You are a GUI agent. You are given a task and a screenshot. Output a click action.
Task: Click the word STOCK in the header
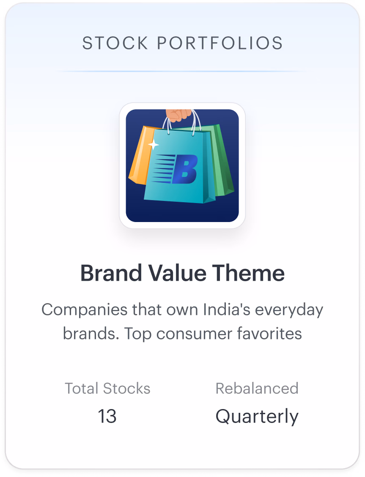coord(115,43)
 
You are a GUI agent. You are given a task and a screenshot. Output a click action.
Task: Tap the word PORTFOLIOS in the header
coord(220,43)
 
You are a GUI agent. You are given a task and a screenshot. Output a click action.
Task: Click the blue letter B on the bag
coord(185,169)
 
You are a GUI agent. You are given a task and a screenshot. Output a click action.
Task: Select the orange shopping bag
coord(140,156)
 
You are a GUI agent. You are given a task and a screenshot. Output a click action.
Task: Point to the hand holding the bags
coord(179,115)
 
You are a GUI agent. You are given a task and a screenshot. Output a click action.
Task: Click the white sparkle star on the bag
coord(153,144)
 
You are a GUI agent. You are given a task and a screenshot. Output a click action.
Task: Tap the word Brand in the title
coord(111,273)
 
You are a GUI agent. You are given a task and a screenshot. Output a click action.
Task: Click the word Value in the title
coord(177,273)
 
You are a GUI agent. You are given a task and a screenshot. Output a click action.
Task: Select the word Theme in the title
coord(248,273)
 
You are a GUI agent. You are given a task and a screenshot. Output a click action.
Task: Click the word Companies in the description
coord(85,310)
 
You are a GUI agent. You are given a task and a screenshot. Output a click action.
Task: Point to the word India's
coord(227,309)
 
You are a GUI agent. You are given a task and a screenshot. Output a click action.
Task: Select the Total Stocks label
coord(107,388)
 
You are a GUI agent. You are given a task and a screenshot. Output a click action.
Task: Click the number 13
coord(107,416)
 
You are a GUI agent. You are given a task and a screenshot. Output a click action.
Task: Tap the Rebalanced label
coord(257,388)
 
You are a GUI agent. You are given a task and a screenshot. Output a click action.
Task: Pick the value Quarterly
coord(257,417)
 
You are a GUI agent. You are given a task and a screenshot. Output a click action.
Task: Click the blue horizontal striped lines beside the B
coord(163,169)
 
